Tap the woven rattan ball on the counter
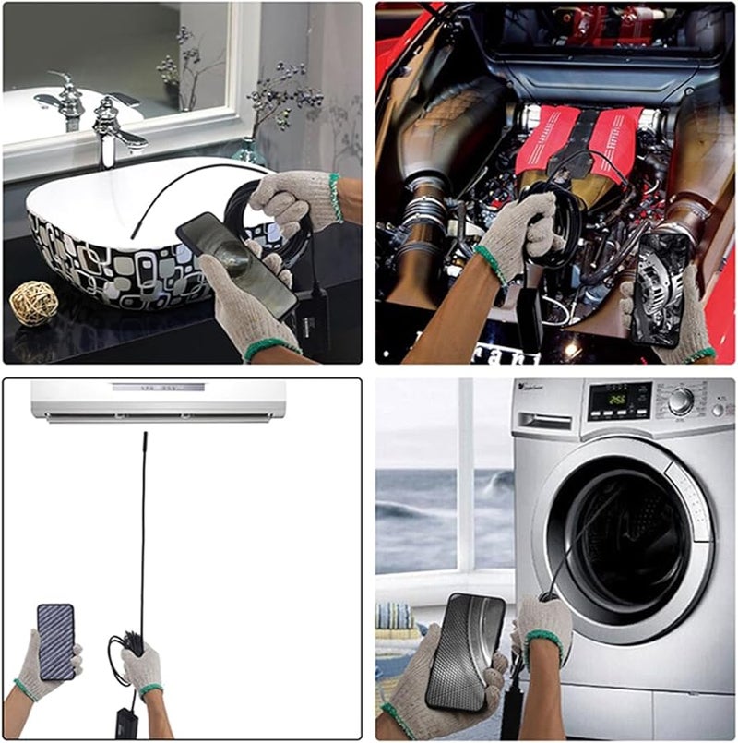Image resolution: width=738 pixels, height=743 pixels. click(33, 303)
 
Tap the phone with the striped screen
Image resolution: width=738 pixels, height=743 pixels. click(55, 641)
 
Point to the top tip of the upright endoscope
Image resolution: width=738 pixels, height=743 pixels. click(144, 435)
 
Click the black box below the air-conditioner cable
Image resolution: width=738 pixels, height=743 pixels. click(125, 721)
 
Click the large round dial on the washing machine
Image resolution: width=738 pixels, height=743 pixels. click(681, 400)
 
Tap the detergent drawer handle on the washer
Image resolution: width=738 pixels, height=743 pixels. click(544, 420)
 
